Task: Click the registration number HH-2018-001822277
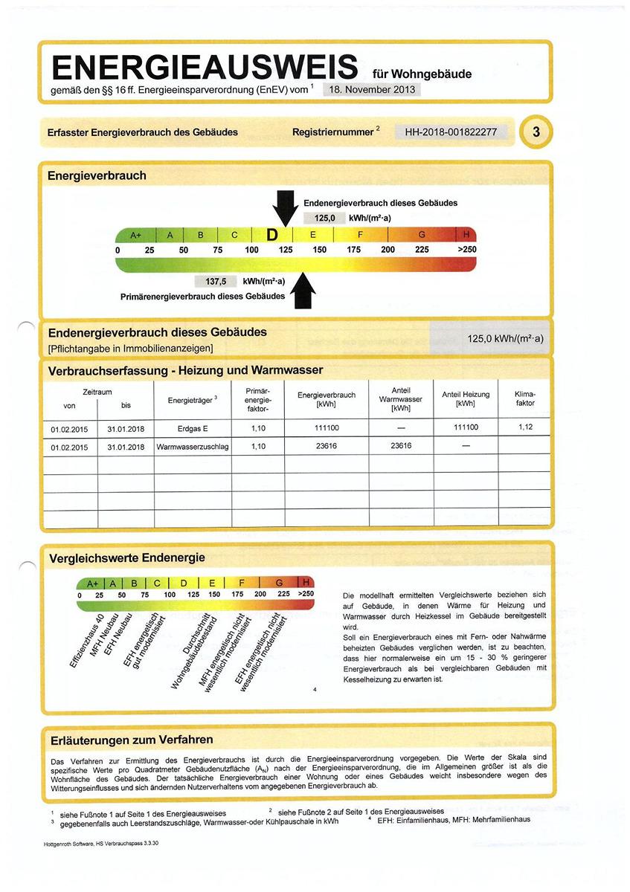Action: pos(451,132)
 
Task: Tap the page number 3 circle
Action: pos(536,132)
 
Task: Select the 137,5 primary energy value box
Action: pos(216,282)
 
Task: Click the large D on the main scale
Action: pos(272,235)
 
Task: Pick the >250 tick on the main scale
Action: pos(466,250)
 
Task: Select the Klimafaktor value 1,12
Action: pos(526,427)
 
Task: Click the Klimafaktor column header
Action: pos(524,398)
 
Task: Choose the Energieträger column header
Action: pos(192,400)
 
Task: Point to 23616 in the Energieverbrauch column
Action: pos(326,447)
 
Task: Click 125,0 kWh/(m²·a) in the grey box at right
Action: pos(505,339)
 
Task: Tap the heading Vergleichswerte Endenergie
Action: pos(126,557)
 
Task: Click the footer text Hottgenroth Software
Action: pos(95,845)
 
